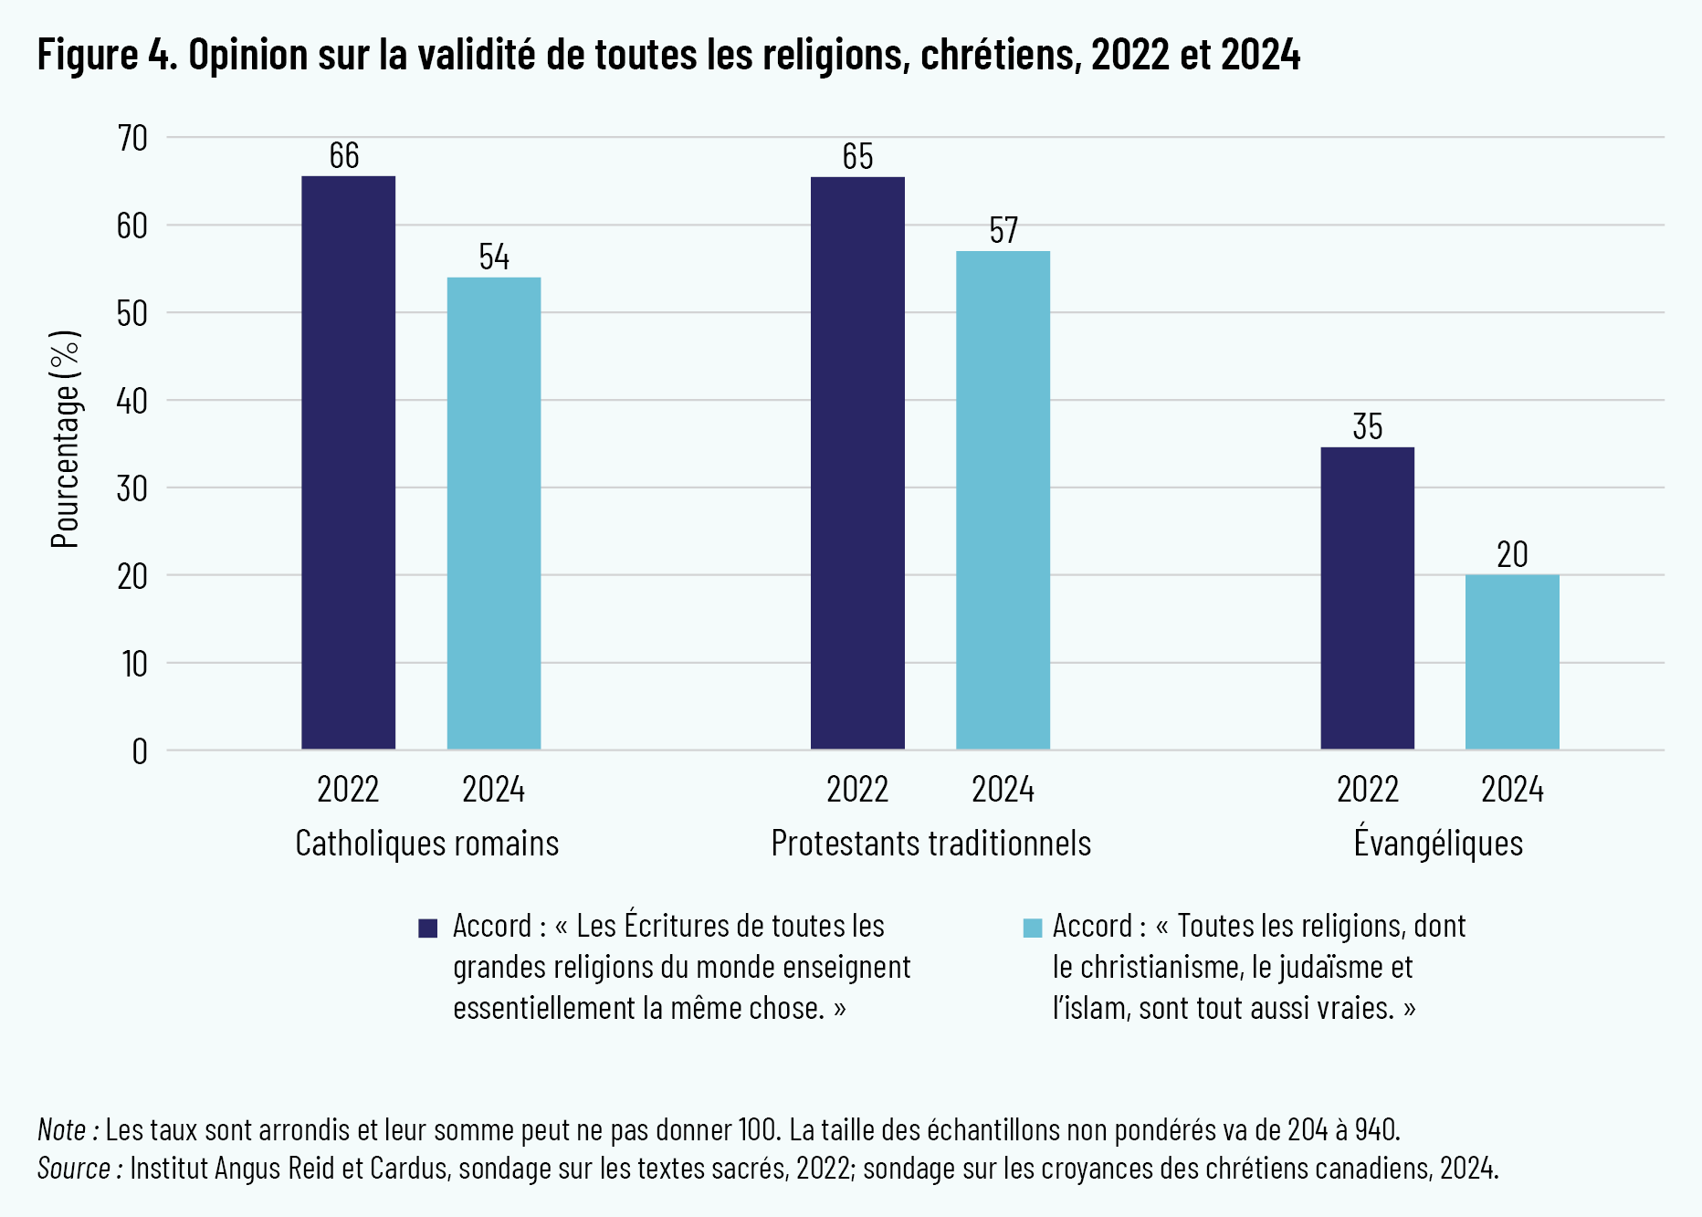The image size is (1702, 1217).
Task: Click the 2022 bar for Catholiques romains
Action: (x=348, y=463)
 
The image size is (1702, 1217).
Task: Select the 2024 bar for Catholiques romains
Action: (x=494, y=513)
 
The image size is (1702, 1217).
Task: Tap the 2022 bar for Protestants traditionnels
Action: (x=857, y=463)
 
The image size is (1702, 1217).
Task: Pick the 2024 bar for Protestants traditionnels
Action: (x=1003, y=500)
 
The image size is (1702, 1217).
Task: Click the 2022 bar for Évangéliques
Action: (x=1367, y=598)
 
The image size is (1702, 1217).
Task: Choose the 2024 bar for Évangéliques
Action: (x=1512, y=662)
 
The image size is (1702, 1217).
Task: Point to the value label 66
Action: (x=344, y=156)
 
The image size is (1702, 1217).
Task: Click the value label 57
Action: (x=1003, y=231)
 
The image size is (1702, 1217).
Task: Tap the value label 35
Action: (x=1367, y=427)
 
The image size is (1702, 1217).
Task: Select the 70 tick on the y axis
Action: (x=132, y=139)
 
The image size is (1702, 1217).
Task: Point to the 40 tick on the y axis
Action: (x=132, y=401)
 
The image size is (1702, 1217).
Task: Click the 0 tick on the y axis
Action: (x=139, y=751)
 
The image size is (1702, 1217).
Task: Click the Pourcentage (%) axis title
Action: (x=66, y=439)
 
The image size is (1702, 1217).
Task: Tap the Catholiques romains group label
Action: (x=426, y=844)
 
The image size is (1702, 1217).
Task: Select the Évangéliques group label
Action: (x=1438, y=842)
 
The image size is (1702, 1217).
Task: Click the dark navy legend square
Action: (x=427, y=928)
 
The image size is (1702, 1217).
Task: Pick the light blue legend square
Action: (x=1033, y=928)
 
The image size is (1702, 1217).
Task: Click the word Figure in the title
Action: (x=88, y=55)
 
